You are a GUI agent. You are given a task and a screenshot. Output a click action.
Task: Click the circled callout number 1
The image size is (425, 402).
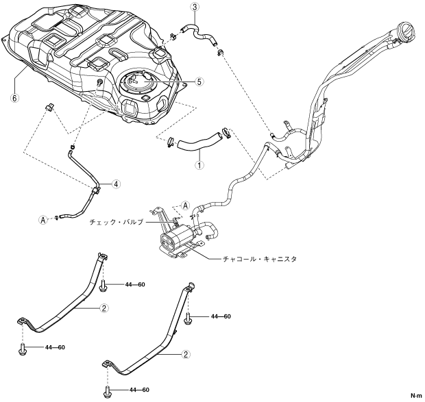tap(199, 165)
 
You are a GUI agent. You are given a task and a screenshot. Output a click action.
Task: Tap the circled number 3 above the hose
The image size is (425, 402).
tap(195, 7)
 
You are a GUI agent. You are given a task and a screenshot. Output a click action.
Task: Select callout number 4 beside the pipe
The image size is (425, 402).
tap(116, 184)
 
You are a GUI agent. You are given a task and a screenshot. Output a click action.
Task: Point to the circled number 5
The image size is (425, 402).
tap(199, 81)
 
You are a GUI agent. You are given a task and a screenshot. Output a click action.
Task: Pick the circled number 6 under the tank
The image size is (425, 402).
tap(14, 98)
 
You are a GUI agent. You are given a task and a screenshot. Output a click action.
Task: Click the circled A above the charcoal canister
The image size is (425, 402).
tap(185, 205)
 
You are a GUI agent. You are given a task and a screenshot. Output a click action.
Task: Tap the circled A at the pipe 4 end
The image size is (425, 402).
tap(42, 220)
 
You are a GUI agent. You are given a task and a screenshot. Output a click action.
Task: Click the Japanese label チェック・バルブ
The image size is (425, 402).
tap(116, 223)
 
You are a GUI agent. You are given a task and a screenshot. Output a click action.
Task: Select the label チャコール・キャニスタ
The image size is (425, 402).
tap(260, 259)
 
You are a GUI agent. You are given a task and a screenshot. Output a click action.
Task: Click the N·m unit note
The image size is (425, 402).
tap(416, 396)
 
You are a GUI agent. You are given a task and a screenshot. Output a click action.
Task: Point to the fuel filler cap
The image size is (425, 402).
tap(406, 31)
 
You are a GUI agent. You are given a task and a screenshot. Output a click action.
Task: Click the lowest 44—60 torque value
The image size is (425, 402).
tap(139, 390)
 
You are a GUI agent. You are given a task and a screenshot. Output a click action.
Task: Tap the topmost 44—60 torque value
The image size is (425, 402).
tap(135, 284)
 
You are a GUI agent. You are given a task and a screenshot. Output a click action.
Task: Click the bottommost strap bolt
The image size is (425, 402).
tap(108, 392)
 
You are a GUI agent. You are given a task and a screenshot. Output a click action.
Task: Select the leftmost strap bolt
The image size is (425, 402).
tap(22, 349)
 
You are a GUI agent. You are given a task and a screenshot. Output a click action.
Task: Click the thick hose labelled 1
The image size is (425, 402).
tap(199, 142)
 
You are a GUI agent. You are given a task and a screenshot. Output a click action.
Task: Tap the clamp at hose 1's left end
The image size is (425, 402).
tap(171, 142)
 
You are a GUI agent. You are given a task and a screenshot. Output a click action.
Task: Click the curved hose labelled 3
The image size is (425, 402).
tap(200, 34)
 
